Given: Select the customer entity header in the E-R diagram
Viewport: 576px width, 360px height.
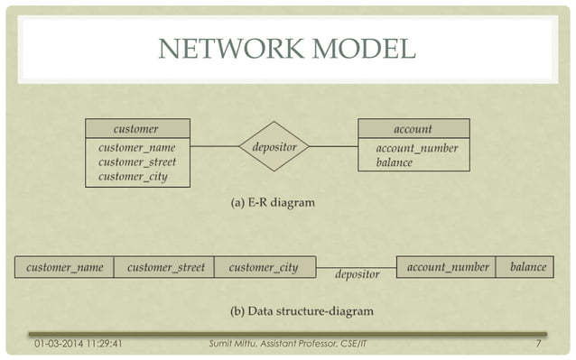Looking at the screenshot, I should (137, 129).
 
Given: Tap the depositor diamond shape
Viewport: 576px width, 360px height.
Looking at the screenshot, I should (274, 146).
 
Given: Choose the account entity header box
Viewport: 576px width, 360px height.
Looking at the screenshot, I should (413, 129).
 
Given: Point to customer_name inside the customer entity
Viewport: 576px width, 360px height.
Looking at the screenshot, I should (137, 148).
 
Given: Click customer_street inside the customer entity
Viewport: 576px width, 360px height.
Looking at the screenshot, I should (137, 162).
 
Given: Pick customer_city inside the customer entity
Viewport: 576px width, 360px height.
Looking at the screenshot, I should (134, 177).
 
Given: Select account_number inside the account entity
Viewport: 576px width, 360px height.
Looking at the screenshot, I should (416, 148).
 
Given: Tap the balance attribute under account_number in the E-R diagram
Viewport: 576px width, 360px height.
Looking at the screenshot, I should (395, 163).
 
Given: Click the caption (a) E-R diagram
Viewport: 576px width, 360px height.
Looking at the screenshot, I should (274, 203).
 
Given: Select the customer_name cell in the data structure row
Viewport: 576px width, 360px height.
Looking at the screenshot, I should (65, 268).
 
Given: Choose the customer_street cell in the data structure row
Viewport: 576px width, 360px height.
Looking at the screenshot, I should (165, 268).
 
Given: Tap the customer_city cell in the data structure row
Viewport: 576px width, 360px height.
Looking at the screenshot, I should (264, 268).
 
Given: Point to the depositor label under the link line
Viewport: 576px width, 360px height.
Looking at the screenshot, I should (357, 273).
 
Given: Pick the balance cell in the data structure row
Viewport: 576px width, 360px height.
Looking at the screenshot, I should (528, 268).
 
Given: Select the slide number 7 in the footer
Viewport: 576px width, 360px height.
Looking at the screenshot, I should (538, 344).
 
